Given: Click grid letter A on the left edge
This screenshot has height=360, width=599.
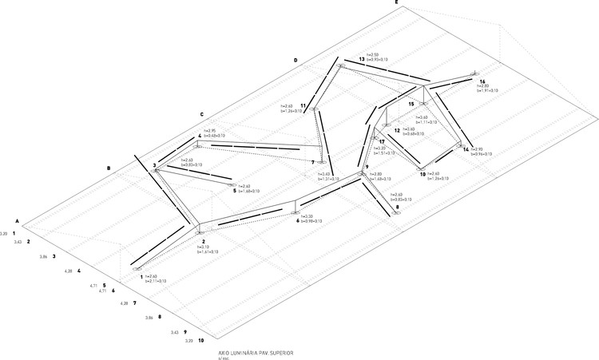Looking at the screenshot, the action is pyautogui.click(x=17, y=220).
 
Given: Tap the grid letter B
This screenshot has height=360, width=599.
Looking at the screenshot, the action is pyautogui.click(x=108, y=168).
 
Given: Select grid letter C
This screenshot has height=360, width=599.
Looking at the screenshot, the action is pyautogui.click(x=202, y=113).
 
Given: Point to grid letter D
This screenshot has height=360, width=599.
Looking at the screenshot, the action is pyautogui.click(x=295, y=60).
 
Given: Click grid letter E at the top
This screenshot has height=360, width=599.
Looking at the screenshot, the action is pyautogui.click(x=395, y=3).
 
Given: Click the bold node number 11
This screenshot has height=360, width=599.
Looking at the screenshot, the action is pyautogui.click(x=303, y=105).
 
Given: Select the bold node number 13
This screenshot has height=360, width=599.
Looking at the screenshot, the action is pyautogui.click(x=361, y=60).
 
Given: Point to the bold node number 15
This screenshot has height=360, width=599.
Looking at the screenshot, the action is pyautogui.click(x=411, y=104).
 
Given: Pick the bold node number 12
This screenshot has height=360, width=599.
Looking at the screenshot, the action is pyautogui.click(x=397, y=130).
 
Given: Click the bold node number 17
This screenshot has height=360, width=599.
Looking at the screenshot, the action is pyautogui.click(x=383, y=141).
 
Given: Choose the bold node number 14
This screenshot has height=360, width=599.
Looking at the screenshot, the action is pyautogui.click(x=466, y=149).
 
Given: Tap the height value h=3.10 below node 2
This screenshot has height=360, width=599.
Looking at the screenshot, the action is pyautogui.click(x=205, y=247).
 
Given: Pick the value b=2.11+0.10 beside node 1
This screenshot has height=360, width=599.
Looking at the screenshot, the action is pyautogui.click(x=155, y=281).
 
